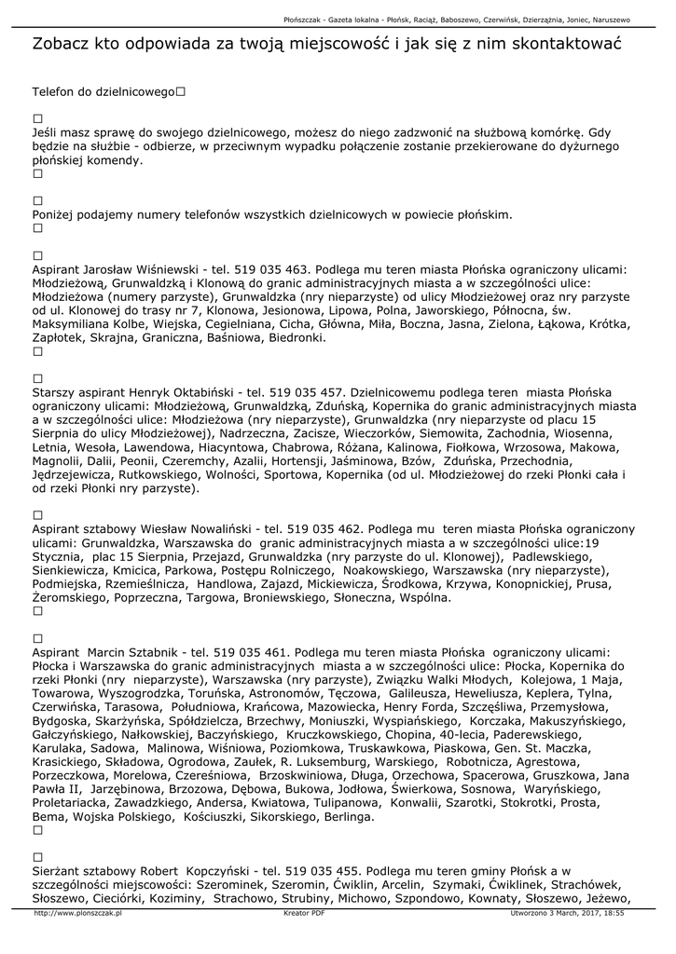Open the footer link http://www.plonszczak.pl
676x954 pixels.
tap(77, 914)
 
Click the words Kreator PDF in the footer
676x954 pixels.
tap(304, 914)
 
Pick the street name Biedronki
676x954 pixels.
tap(295, 338)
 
